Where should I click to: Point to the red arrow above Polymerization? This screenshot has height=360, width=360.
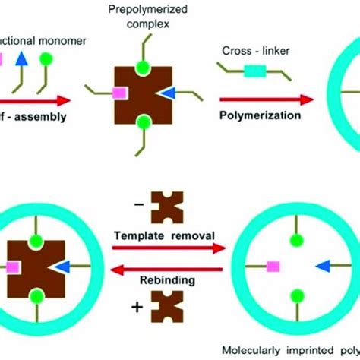pyautogui.click(x=266, y=99)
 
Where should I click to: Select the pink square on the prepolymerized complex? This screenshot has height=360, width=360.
pyautogui.click(x=118, y=93)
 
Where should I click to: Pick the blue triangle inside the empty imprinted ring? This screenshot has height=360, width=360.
pyautogui.click(x=324, y=266)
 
